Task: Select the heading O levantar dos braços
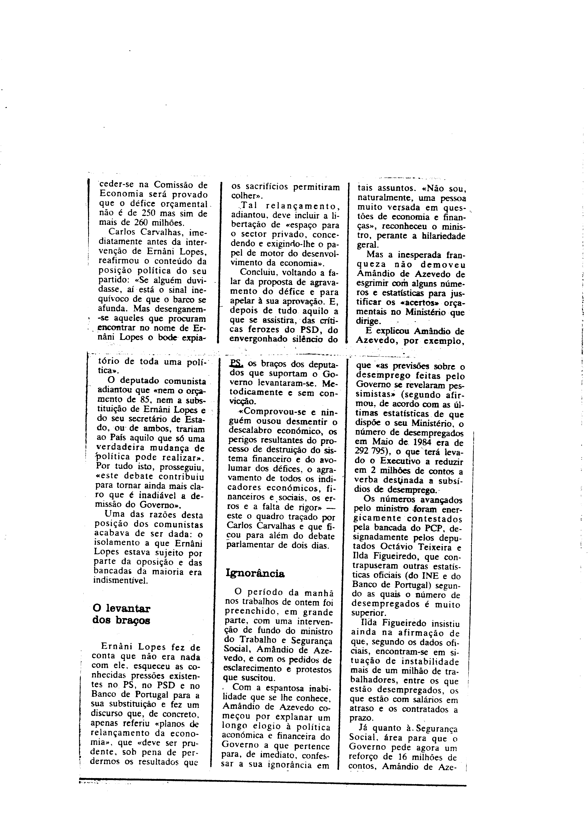click(x=122, y=614)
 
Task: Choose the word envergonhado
click(x=262, y=340)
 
